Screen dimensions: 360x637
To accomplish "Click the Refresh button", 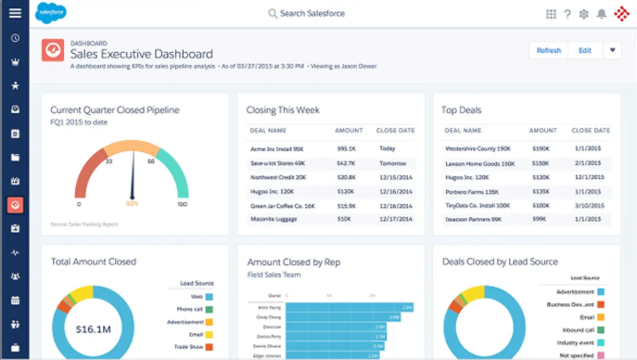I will point(548,51).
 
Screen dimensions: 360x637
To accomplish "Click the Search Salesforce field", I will point(314,14).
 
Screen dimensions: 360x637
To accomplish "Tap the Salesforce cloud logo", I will point(50,13).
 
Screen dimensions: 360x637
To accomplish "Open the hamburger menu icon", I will point(15,13).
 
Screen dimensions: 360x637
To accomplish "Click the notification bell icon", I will point(601,14).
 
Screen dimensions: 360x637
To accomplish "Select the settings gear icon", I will point(583,14).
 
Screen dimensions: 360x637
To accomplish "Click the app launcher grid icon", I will point(551,14).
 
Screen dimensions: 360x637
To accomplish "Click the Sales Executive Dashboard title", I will point(141,54).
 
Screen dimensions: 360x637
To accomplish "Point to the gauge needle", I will point(133,176).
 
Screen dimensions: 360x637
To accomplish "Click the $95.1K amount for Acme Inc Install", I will point(347,148).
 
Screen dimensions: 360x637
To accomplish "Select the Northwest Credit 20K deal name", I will point(279,176).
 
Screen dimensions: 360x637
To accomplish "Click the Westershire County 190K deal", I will point(478,148).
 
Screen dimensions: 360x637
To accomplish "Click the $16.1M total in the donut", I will point(95,328).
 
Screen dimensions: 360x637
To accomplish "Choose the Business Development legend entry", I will point(571,303).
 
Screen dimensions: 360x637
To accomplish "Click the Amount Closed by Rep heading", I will point(293,264).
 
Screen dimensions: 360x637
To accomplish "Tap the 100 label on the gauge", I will point(182,204).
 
